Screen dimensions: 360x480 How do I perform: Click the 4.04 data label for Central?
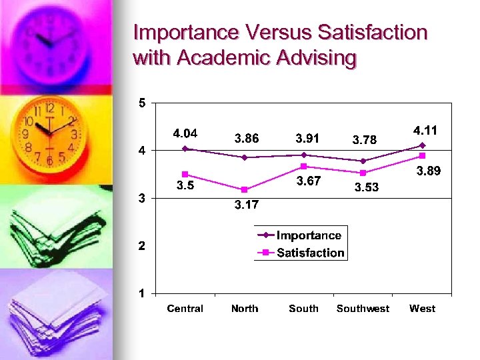click(x=185, y=133)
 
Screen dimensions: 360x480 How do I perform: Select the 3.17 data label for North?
click(x=245, y=205)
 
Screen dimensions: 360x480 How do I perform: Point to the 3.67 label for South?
click(x=308, y=181)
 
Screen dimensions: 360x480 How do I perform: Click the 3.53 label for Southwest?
click(x=366, y=188)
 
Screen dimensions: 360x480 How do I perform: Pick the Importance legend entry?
click(x=308, y=235)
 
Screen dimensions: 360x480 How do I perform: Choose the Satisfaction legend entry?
click(x=310, y=253)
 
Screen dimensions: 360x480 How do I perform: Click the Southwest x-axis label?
click(x=363, y=309)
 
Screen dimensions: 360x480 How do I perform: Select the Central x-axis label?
click(x=185, y=309)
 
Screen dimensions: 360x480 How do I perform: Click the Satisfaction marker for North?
click(x=245, y=190)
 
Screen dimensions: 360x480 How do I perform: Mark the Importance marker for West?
click(x=423, y=145)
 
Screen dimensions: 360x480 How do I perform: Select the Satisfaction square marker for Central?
click(x=185, y=175)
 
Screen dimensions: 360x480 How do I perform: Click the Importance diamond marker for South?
click(x=304, y=155)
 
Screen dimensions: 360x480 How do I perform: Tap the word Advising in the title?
click(x=313, y=58)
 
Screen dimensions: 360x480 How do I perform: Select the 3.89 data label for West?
click(x=429, y=172)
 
